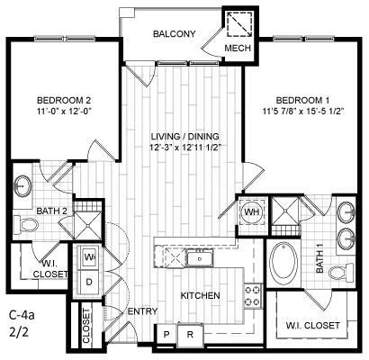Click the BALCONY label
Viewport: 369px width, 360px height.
pos(174,33)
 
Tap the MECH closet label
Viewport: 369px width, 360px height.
pos(238,48)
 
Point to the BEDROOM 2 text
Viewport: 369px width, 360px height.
pos(63,99)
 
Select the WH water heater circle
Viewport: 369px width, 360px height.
pos(251,212)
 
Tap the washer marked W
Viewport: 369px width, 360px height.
pos(90,256)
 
